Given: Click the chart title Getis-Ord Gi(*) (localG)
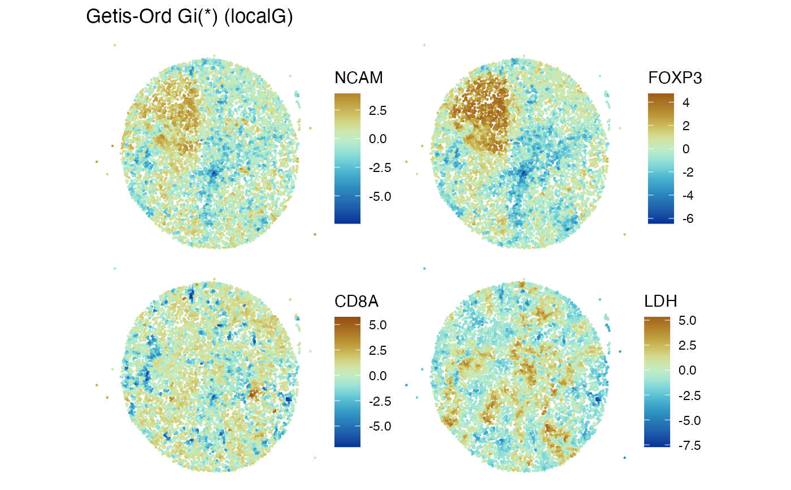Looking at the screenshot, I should click(189, 17).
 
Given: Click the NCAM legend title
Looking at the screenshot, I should click(358, 78).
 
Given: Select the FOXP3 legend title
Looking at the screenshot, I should click(675, 78).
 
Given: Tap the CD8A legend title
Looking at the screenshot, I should click(356, 302).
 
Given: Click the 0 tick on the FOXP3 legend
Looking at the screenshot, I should click(686, 149).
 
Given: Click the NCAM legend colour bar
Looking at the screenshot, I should click(347, 158).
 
